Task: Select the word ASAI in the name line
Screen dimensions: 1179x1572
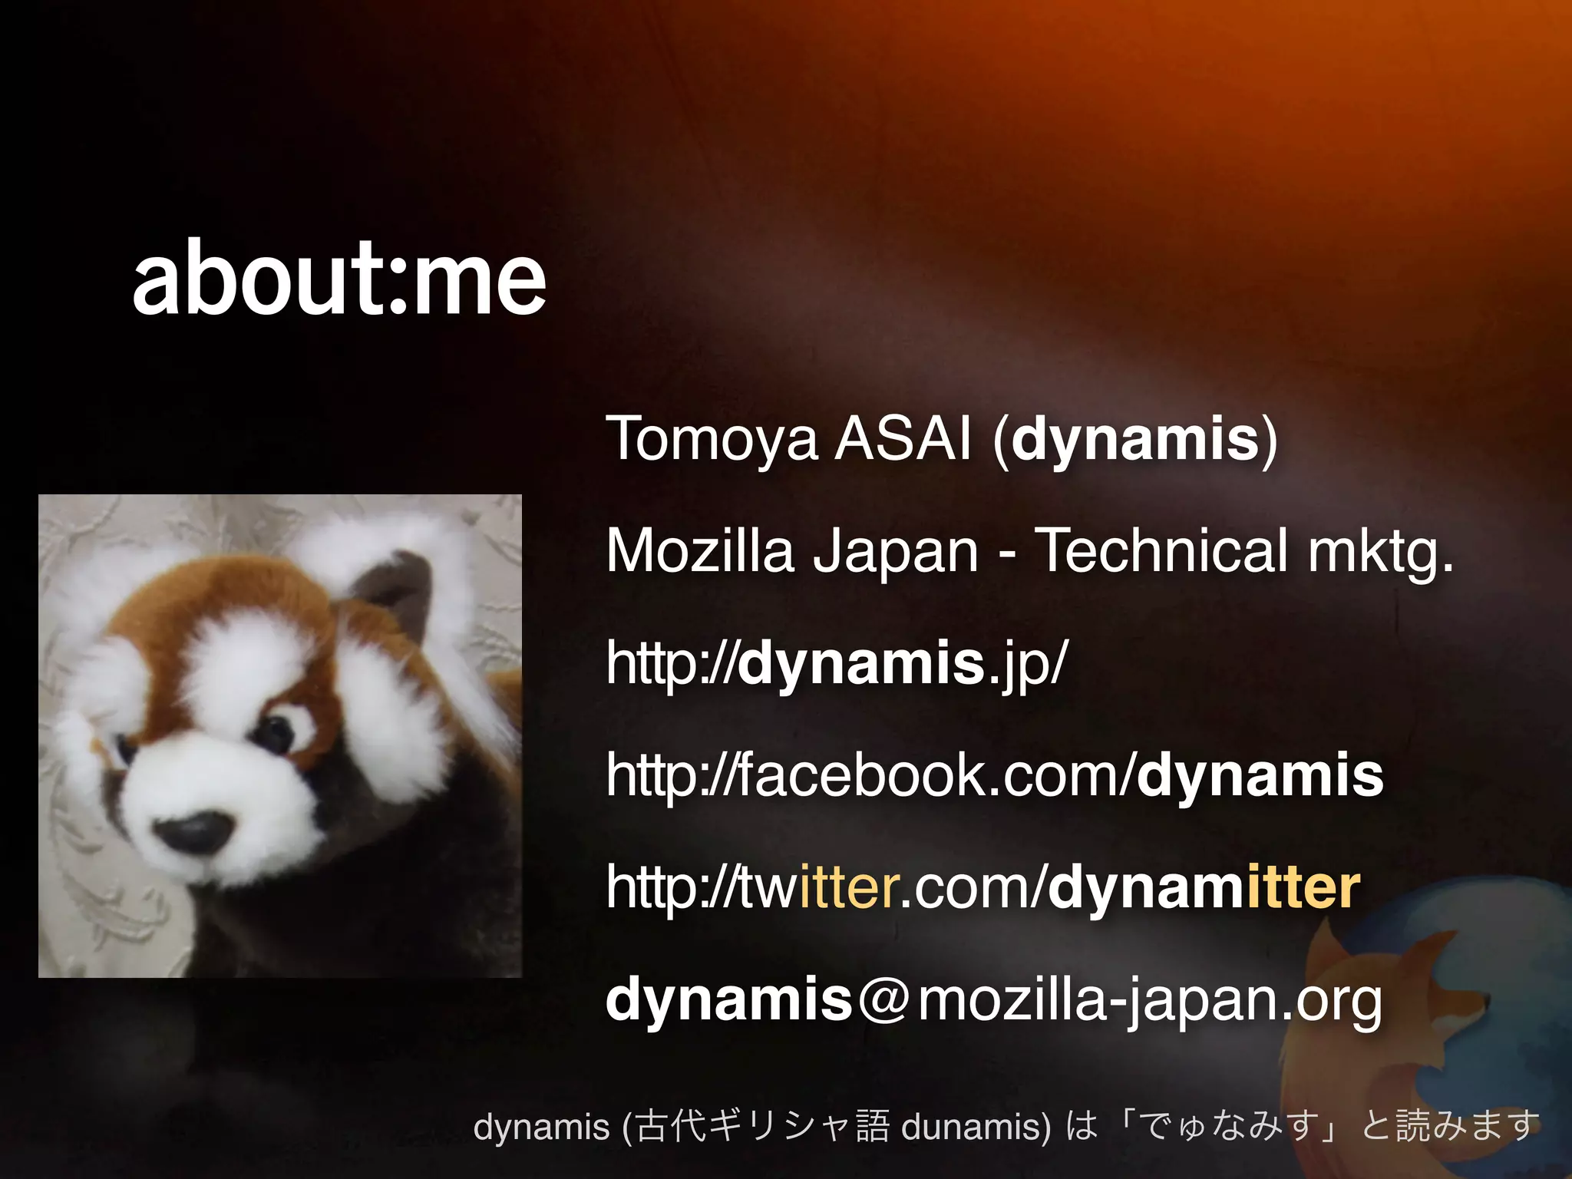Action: pos(903,439)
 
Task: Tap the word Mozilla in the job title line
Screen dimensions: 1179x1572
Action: pos(699,550)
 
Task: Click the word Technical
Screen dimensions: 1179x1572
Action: pos(1161,550)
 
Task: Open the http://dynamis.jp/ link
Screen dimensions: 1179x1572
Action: pos(836,663)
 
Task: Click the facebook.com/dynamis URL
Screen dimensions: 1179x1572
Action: pos(994,775)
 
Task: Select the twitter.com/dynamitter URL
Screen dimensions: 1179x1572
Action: pos(982,887)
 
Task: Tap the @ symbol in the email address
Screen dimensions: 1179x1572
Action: pos(885,999)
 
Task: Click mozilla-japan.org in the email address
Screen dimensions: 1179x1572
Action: pos(1150,1001)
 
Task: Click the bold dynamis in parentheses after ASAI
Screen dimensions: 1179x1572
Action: pos(1134,439)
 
